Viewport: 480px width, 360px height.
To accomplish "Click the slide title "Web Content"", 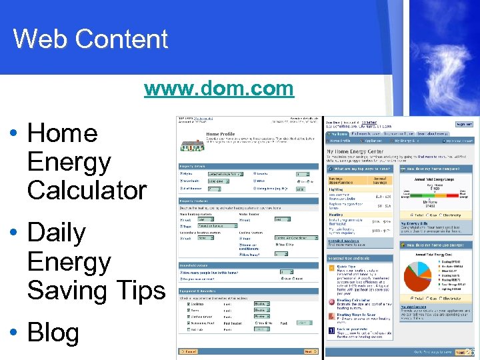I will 90,39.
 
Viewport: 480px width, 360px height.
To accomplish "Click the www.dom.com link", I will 219,88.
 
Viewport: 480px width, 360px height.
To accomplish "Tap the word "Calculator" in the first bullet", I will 87,190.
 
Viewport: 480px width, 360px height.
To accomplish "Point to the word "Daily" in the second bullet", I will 57,233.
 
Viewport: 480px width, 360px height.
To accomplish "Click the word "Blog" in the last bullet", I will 53,333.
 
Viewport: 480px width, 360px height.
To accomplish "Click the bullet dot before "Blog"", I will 13,333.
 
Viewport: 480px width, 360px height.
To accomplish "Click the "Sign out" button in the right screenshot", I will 464,124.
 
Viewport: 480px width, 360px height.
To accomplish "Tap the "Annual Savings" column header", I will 381,180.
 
